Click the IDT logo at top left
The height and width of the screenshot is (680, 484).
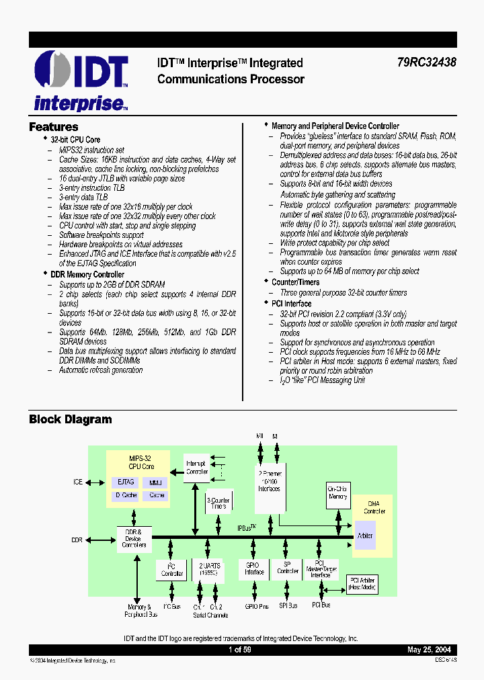(x=81, y=81)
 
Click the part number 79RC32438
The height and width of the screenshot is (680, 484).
(x=427, y=63)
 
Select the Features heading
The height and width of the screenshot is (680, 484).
(x=54, y=127)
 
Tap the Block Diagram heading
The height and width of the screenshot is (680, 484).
(x=70, y=420)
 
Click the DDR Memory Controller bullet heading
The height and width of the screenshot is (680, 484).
(x=87, y=274)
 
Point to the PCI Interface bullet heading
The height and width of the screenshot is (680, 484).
(x=291, y=304)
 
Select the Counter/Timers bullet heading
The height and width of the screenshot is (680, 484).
(x=295, y=282)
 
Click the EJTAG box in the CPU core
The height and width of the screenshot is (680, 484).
(x=126, y=482)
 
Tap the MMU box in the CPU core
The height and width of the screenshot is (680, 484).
(x=156, y=482)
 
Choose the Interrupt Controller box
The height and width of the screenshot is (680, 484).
(x=197, y=467)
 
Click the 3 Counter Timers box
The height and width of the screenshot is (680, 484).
(x=218, y=503)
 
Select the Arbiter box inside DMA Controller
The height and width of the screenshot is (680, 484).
(x=366, y=536)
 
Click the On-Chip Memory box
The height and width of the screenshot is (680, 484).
(x=337, y=492)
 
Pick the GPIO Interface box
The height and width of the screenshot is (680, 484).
(x=254, y=569)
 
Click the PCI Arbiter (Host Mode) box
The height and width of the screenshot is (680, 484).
(x=362, y=584)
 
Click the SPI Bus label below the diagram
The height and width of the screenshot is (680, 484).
(x=288, y=606)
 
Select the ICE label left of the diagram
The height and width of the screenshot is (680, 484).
(x=78, y=482)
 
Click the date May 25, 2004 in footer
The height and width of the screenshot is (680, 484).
(x=429, y=650)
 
